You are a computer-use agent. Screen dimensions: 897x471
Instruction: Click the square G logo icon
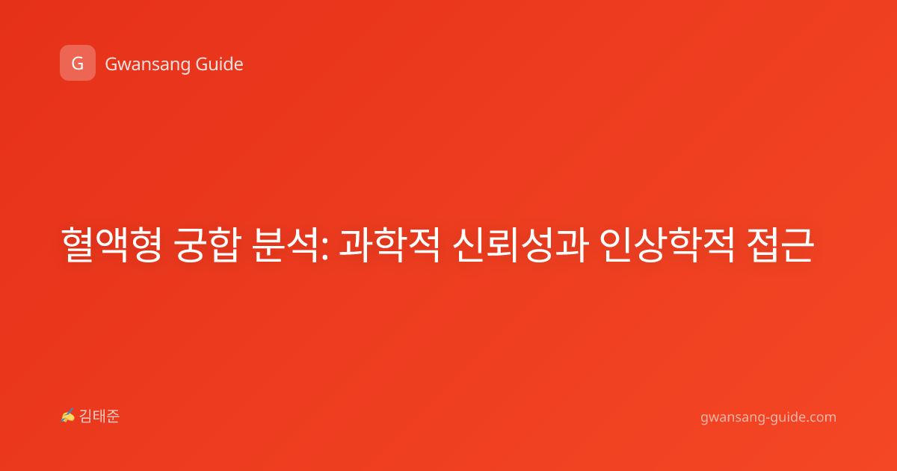pos(78,63)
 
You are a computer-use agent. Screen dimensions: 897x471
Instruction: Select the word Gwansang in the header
pos(147,65)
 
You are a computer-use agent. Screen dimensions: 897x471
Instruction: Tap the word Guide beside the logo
pos(220,64)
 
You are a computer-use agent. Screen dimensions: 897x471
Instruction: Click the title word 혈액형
pos(111,245)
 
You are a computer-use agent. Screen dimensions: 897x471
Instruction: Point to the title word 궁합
pos(208,245)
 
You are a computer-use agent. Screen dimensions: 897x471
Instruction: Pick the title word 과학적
pos(389,245)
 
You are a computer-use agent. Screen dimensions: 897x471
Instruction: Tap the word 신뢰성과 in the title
pos(520,245)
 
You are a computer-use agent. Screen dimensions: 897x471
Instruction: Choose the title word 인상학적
pos(667,245)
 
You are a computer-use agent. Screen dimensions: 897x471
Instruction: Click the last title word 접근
pos(780,245)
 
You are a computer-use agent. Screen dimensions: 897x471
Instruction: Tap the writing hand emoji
pos(68,416)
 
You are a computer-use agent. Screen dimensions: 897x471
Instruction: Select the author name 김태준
pos(99,416)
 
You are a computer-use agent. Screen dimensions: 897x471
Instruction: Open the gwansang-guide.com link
pos(768,417)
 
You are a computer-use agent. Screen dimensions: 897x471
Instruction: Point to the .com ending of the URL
pos(821,418)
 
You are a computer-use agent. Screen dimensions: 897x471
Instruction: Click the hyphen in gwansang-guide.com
pos(766,419)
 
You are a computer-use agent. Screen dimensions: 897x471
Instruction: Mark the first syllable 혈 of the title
pos(78,245)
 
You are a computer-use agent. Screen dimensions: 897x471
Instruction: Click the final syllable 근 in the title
pos(798,245)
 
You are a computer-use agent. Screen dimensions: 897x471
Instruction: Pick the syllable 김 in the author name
pos(86,416)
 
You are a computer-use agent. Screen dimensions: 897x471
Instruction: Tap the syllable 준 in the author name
pos(113,416)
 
